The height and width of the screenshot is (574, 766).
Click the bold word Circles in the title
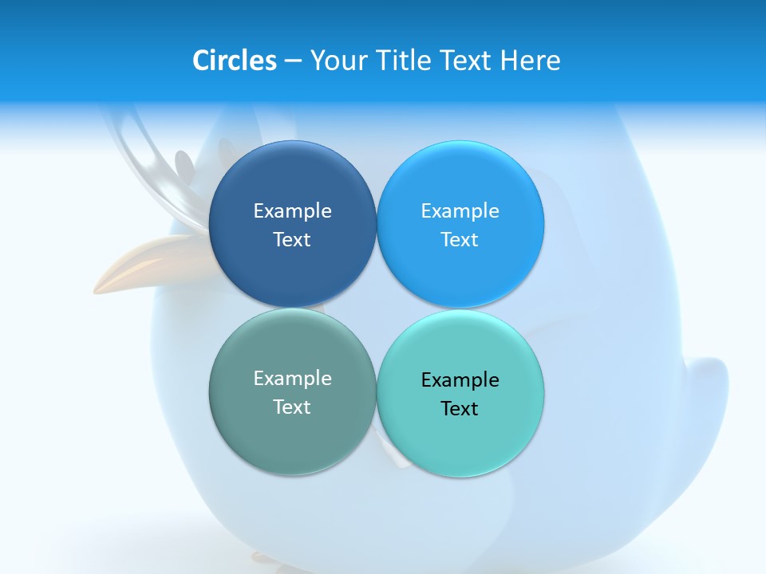point(234,61)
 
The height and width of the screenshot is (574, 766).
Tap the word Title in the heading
point(404,61)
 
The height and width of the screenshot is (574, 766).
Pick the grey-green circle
point(292,434)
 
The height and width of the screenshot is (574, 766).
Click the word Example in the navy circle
point(292,211)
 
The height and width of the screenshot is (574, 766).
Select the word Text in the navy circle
point(292,240)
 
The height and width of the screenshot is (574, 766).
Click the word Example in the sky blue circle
point(460,211)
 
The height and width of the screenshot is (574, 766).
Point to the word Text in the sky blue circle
point(460,240)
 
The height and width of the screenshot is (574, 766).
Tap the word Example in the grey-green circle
point(292,379)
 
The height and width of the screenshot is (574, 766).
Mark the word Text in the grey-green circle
point(292,407)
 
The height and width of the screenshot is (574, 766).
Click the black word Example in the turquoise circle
point(460,380)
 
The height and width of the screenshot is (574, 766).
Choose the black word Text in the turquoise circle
point(460,409)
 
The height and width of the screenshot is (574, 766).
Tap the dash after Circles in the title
point(293,61)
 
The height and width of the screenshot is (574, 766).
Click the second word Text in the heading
point(467,61)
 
